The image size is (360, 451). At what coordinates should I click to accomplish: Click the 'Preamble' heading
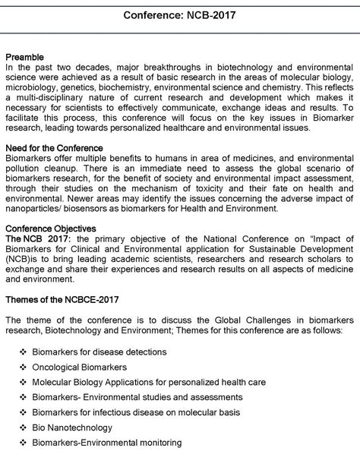tap(24, 57)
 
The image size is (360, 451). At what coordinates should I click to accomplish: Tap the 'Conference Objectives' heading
tap(50, 228)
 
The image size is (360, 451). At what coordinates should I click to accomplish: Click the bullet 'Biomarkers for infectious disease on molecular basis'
tap(140, 412)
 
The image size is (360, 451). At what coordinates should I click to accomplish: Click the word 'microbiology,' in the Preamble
tap(32, 88)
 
